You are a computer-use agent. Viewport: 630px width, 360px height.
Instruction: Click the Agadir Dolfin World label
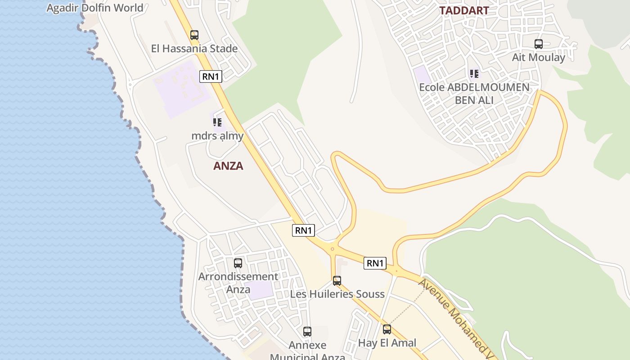click(95, 8)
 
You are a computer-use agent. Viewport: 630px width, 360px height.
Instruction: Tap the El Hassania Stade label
click(194, 49)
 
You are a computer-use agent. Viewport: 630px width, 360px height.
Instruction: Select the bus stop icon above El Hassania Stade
click(194, 35)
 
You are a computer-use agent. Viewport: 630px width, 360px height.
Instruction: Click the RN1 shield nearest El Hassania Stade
click(211, 76)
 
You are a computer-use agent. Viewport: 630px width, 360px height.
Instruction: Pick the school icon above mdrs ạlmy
click(217, 122)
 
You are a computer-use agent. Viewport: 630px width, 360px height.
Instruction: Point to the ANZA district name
click(228, 166)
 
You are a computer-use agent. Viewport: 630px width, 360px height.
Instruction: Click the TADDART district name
click(464, 10)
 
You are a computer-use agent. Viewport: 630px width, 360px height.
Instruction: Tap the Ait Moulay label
click(539, 58)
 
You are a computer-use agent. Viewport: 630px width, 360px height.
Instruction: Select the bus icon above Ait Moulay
click(539, 44)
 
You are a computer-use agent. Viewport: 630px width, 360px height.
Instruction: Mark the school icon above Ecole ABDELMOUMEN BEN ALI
click(474, 73)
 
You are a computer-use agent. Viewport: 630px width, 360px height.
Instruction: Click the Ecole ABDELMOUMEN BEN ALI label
click(474, 94)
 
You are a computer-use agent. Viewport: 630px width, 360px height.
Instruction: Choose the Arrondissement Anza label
click(238, 283)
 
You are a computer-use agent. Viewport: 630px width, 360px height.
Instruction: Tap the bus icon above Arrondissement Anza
click(238, 263)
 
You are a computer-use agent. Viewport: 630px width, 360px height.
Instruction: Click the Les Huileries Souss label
click(337, 294)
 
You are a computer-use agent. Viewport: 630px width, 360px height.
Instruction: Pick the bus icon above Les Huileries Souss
click(337, 281)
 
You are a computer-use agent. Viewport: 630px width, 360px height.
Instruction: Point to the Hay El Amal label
click(387, 343)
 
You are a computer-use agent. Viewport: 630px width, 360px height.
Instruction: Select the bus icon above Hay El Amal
click(387, 329)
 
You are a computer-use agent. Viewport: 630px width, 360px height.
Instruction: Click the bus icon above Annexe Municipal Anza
click(307, 332)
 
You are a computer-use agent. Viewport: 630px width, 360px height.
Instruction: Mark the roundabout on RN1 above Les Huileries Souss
click(333, 249)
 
